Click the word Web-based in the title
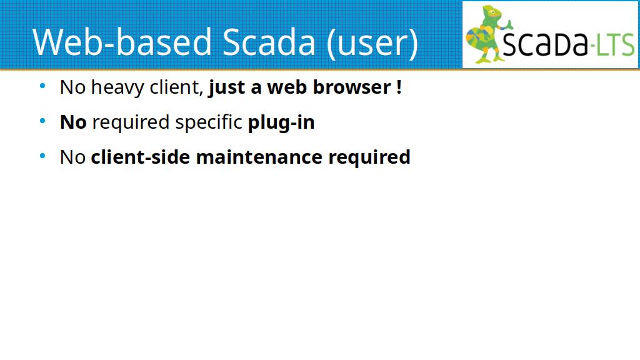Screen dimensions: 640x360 pyautogui.click(x=122, y=42)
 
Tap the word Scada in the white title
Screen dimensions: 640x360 pyautogui.click(x=269, y=42)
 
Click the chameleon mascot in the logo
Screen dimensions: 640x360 pyautogui.click(x=487, y=34)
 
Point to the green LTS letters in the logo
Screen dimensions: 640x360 pyautogui.click(x=615, y=45)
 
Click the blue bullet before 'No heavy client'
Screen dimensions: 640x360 pyautogui.click(x=42, y=86)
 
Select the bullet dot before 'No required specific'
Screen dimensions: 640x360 pyautogui.click(x=42, y=121)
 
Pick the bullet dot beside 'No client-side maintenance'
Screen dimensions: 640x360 pyautogui.click(x=42, y=156)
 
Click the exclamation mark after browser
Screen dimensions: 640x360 pyautogui.click(x=399, y=87)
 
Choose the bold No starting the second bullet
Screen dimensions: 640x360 pyautogui.click(x=73, y=122)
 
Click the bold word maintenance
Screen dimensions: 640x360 pyautogui.click(x=259, y=157)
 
